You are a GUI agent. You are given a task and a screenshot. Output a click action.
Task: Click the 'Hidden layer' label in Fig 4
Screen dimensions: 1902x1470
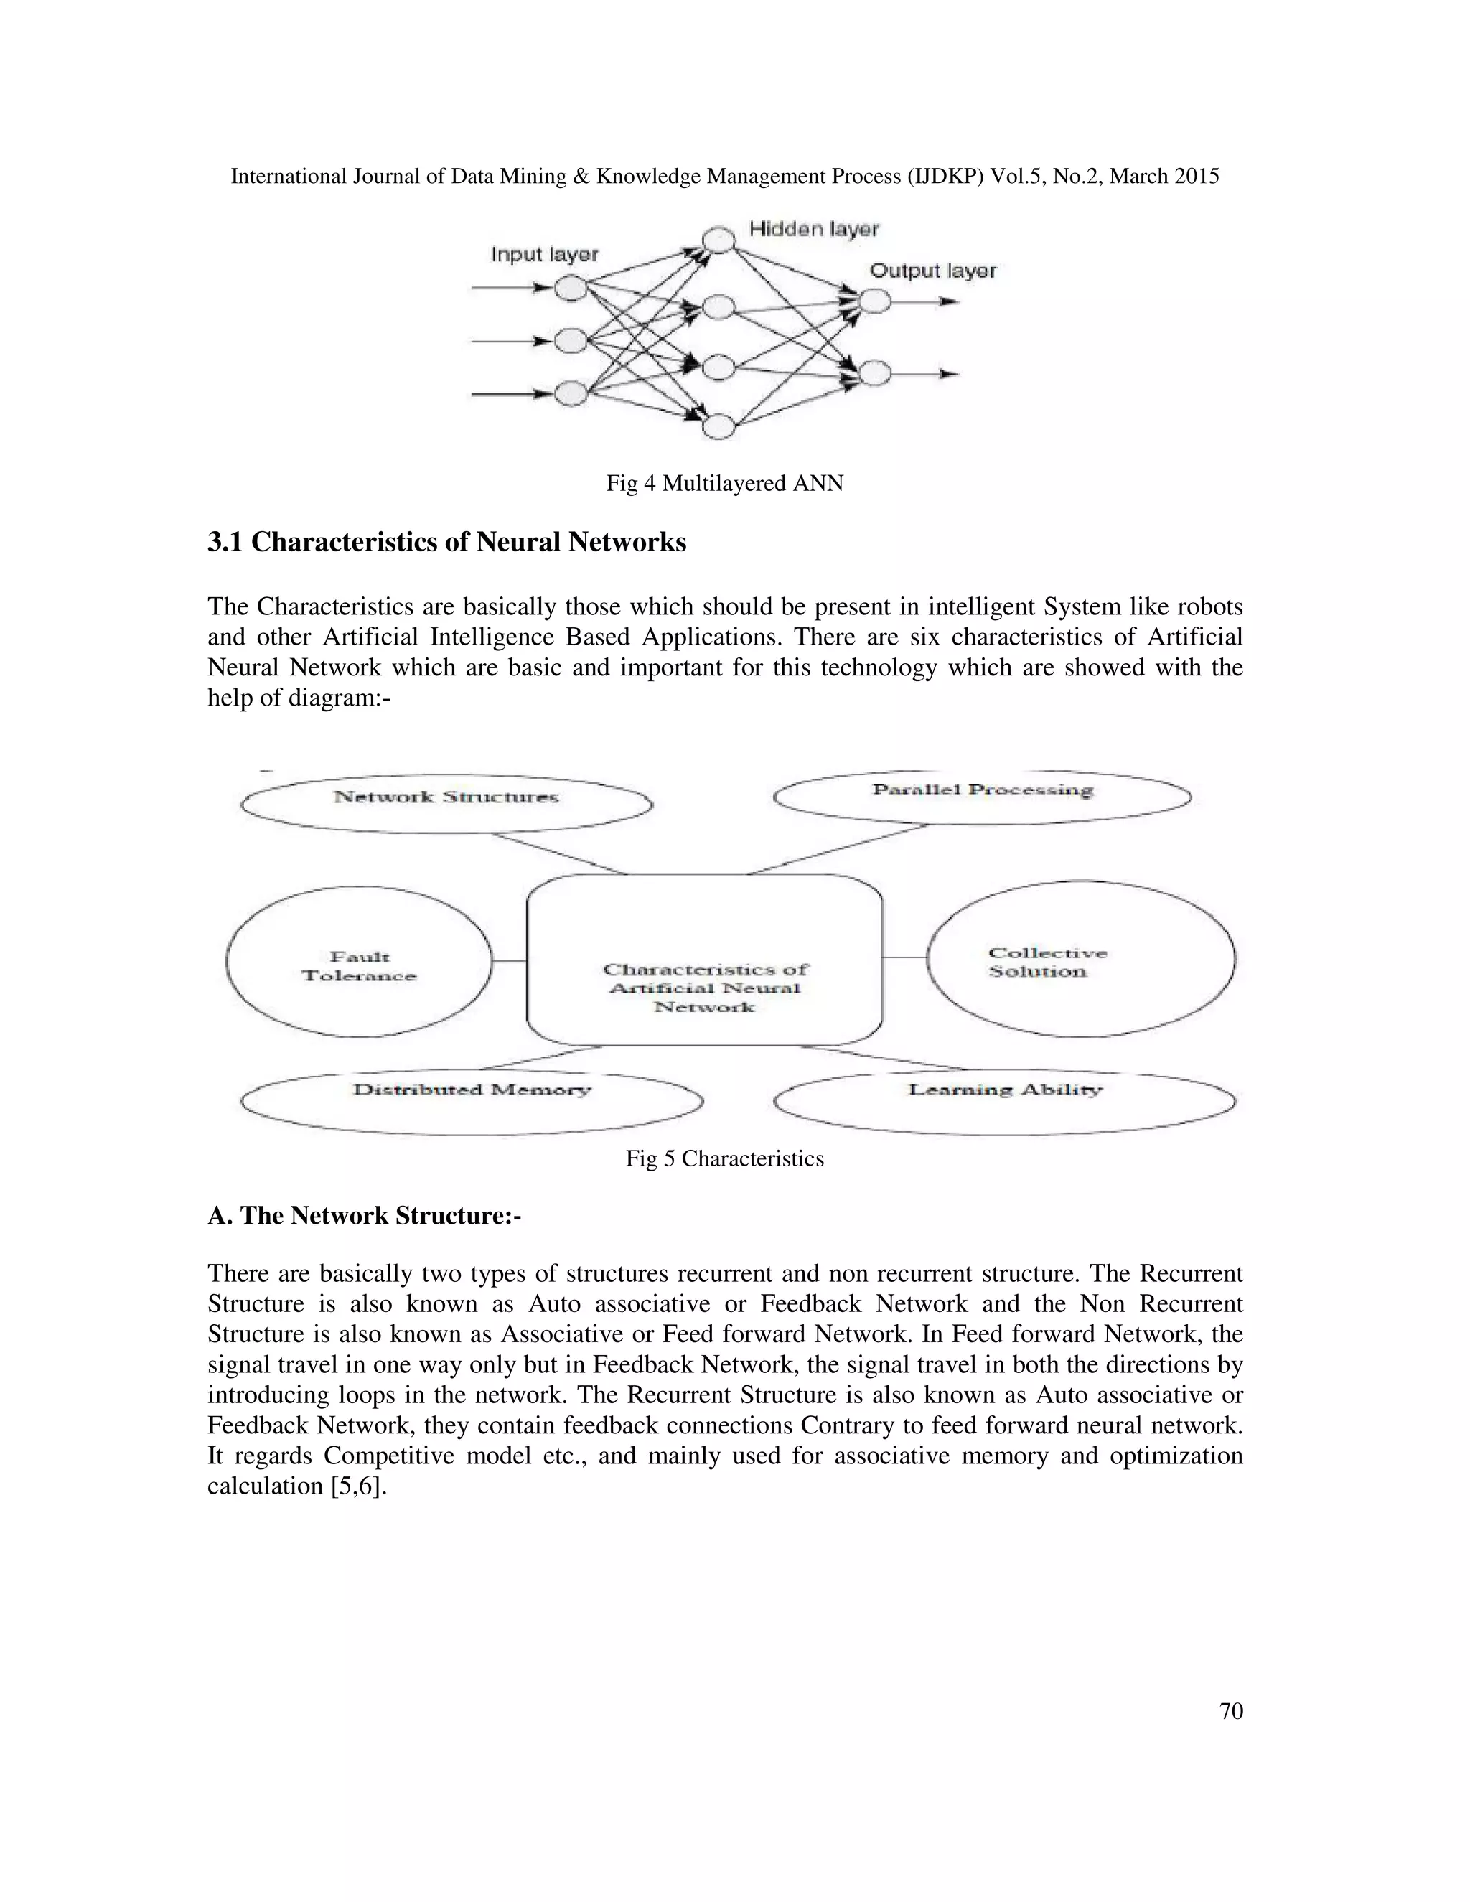click(813, 229)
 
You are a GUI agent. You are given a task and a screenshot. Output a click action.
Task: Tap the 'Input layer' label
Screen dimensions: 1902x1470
click(544, 254)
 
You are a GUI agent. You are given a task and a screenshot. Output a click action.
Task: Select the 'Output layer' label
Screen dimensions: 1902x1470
click(932, 271)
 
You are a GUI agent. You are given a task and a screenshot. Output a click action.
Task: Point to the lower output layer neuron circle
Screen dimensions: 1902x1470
click(875, 374)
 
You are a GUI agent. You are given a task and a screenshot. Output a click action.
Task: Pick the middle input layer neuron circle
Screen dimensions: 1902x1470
click(571, 340)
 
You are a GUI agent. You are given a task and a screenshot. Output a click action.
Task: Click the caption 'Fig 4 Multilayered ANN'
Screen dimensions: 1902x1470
click(724, 483)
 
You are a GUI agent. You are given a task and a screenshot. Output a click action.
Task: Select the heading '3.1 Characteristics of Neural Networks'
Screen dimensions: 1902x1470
click(446, 542)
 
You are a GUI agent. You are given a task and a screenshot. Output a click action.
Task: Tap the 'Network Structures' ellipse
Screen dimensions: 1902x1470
click(446, 803)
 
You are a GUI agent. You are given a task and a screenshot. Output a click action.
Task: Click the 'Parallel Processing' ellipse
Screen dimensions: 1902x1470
click(981, 796)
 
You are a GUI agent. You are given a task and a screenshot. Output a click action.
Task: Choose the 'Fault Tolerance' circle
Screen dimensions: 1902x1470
click(359, 962)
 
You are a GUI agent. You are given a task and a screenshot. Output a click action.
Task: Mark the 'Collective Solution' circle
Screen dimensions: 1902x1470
click(1081, 959)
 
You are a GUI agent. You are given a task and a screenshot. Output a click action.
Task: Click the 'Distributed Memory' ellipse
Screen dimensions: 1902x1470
click(471, 1102)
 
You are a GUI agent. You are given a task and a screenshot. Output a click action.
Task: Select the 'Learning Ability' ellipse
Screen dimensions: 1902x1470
click(1004, 1102)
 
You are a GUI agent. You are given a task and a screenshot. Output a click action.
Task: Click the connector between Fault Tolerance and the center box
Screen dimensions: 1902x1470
click(510, 960)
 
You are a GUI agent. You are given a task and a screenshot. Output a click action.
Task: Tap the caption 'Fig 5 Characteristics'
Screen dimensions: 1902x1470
click(724, 1159)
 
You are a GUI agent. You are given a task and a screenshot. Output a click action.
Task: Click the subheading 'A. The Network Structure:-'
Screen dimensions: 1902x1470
click(364, 1216)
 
